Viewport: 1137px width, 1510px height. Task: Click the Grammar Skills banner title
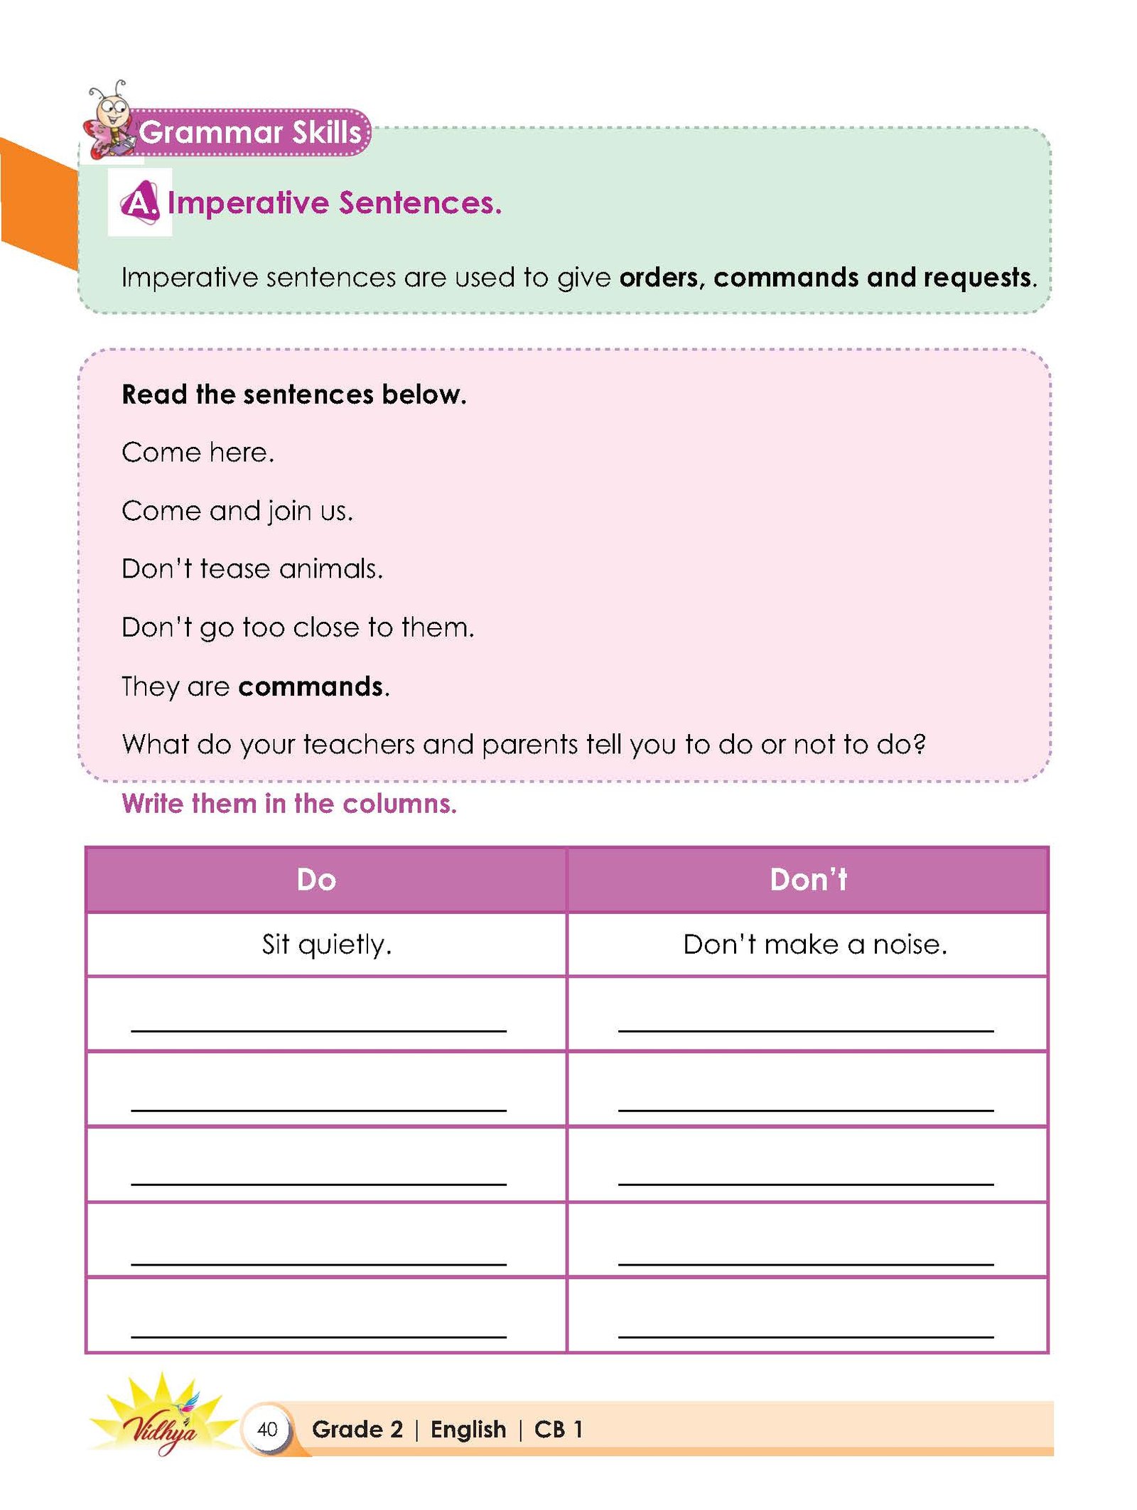click(x=250, y=132)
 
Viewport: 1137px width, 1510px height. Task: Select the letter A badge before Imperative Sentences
click(x=140, y=203)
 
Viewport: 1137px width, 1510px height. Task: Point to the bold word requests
click(x=979, y=277)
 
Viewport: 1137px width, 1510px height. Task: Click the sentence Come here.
click(x=198, y=453)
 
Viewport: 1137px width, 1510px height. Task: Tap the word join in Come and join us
click(x=290, y=511)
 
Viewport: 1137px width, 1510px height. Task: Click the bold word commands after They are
click(x=311, y=686)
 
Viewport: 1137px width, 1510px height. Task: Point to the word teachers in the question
click(x=359, y=744)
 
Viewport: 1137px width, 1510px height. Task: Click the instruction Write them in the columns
click(x=289, y=804)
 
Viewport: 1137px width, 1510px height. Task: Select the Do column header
click(x=316, y=880)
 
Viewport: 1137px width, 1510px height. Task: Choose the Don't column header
click(x=809, y=880)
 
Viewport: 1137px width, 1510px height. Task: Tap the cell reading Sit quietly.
click(x=326, y=944)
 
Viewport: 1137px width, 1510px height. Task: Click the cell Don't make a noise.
click(x=815, y=944)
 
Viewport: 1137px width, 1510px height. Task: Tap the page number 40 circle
click(x=267, y=1429)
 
